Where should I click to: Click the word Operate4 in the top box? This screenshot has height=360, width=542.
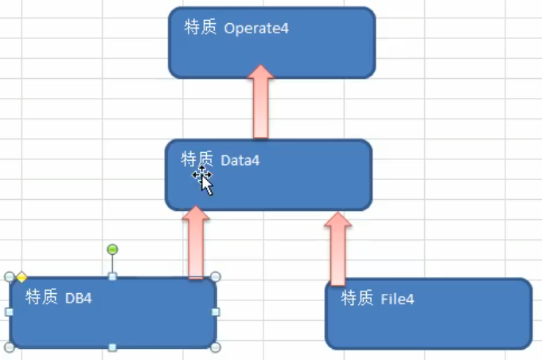pos(256,29)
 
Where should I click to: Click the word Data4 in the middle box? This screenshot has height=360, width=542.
pos(240,161)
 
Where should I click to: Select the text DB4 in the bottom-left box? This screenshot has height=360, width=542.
pos(79,299)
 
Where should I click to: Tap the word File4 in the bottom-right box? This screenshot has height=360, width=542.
pos(397,299)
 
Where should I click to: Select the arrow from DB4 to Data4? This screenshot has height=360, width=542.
pos(195,241)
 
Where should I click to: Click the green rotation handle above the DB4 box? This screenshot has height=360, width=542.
pos(112,249)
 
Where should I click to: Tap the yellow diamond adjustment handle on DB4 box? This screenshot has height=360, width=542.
pos(21,277)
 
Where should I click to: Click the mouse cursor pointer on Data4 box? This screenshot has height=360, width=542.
pos(205,182)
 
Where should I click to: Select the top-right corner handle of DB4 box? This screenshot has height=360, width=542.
pos(215,277)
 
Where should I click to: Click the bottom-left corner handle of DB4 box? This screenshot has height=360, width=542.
pos(10,347)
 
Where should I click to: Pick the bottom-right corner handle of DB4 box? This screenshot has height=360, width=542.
pos(215,347)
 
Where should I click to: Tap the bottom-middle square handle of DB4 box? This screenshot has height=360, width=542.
pos(112,347)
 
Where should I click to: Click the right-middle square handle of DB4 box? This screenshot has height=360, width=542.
pos(216,312)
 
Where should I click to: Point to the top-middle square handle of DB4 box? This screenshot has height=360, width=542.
pos(112,277)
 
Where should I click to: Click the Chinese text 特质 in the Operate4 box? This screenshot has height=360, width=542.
pos(200,28)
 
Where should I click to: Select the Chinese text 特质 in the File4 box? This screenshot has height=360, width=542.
pos(357,299)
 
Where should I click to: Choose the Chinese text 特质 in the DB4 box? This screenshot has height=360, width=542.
pos(41,298)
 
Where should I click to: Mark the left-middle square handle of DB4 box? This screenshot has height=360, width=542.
pos(10,312)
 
